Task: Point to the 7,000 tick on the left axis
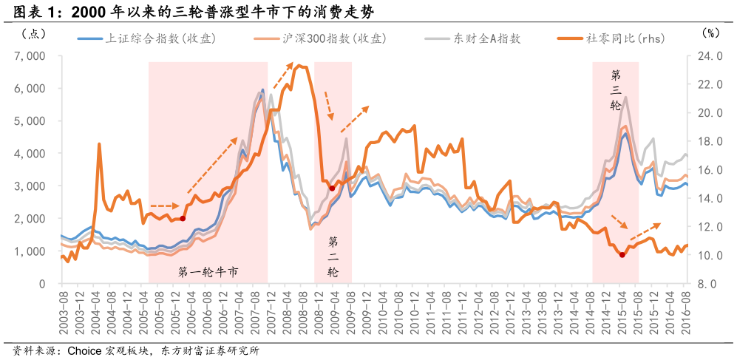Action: click(30, 56)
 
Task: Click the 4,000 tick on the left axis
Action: click(30, 154)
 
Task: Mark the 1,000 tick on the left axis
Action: click(30, 251)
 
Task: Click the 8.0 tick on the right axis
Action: click(707, 284)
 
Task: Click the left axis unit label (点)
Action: click(34, 33)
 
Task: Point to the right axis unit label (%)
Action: click(708, 33)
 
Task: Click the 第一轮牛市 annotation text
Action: click(208, 272)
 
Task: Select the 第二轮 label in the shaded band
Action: click(333, 257)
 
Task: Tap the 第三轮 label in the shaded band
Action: click(616, 90)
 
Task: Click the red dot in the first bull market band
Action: click(183, 219)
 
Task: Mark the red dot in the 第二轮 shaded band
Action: click(331, 189)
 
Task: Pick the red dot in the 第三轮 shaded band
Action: click(622, 255)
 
